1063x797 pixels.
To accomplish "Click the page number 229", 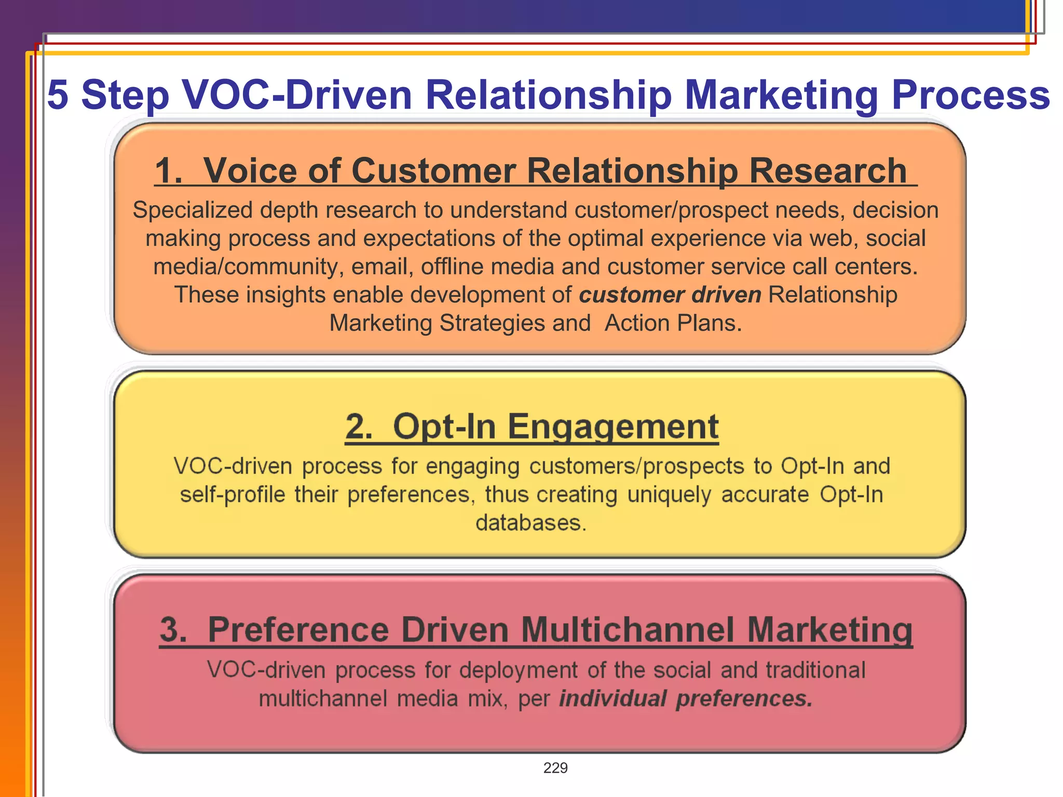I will tap(555, 768).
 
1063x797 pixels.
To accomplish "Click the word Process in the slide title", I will tap(971, 95).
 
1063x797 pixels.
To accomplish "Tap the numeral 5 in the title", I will tap(58, 95).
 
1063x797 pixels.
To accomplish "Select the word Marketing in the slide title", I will tap(781, 95).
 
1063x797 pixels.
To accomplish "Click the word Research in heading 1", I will tap(828, 171).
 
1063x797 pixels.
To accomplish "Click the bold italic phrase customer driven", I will tap(670, 295).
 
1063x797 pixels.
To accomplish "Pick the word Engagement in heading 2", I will tap(612, 427).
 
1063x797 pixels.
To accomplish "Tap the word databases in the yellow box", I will tap(530, 523).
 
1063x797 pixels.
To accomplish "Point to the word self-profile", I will tap(233, 494).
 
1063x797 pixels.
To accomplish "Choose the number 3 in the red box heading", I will tap(173, 630).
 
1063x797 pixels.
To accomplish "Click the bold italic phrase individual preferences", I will tap(686, 698).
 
